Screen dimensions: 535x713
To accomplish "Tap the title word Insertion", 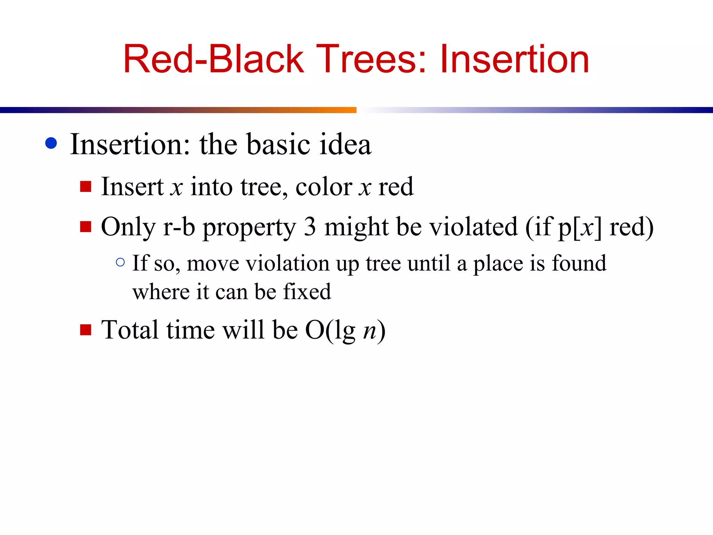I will (514, 59).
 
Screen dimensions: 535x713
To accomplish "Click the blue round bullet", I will (51, 143).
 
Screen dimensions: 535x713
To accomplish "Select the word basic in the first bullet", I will (278, 144).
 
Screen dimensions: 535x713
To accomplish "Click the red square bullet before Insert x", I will (86, 187).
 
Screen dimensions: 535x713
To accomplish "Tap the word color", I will (324, 187).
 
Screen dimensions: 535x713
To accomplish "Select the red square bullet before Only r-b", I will (86, 227).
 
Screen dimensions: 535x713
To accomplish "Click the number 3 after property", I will (310, 227).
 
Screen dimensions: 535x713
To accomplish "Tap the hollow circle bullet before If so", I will (120, 262).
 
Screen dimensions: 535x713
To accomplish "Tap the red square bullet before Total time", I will (86, 329).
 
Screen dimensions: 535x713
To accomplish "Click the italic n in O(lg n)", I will (370, 330).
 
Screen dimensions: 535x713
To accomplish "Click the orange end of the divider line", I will (348, 110).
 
